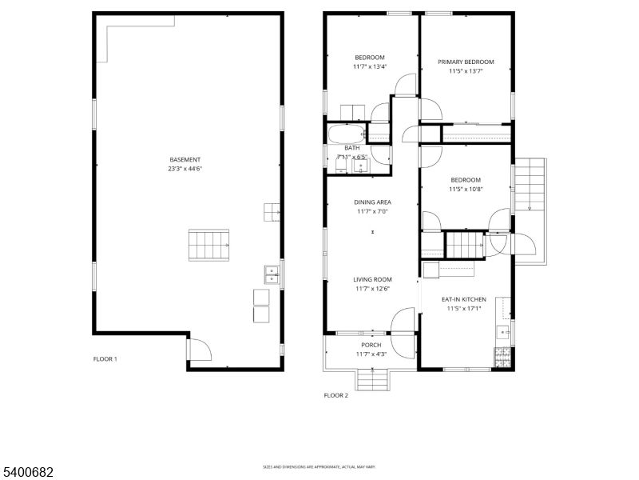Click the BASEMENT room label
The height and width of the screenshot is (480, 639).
(x=185, y=159)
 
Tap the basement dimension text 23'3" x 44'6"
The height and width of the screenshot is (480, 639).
(x=185, y=169)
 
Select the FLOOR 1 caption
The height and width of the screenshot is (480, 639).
(x=105, y=359)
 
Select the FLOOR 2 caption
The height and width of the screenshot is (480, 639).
(x=335, y=395)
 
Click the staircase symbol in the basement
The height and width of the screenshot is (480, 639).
(x=208, y=244)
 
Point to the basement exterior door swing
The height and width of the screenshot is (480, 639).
(x=198, y=349)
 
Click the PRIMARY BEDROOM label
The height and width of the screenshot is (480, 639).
(x=466, y=62)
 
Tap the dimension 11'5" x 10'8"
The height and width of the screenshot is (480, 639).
(x=466, y=189)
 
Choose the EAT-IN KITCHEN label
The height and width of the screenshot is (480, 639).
(x=464, y=299)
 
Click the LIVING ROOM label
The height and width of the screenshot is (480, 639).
(x=373, y=279)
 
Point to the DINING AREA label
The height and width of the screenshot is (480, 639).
(x=372, y=202)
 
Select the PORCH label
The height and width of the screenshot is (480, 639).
(x=371, y=345)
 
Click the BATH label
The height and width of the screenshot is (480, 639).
(x=352, y=148)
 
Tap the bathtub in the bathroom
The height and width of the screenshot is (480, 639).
(x=347, y=134)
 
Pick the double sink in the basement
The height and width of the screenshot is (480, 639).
(x=272, y=274)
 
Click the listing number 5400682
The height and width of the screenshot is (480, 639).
(x=27, y=473)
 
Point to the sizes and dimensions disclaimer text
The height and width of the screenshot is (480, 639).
(x=319, y=466)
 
